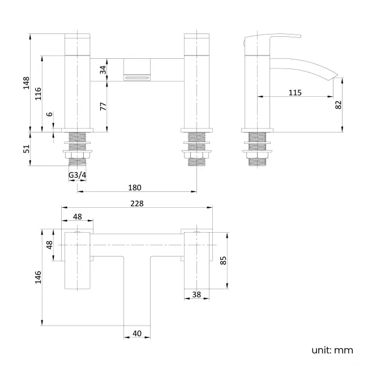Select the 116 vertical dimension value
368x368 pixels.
pyautogui.click(x=37, y=93)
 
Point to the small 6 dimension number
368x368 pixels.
pyautogui.click(x=50, y=114)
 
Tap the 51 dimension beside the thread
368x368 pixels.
pyautogui.click(x=24, y=149)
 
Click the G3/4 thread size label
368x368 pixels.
pyautogui.click(x=77, y=176)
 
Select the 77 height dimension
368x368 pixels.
pyautogui.click(x=102, y=106)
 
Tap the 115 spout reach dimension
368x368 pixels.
pyautogui.click(x=294, y=92)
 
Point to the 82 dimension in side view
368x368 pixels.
pyautogui.click(x=338, y=105)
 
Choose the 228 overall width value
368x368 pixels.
pyautogui.click(x=137, y=204)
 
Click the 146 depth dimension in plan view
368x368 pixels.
pyautogui.click(x=37, y=277)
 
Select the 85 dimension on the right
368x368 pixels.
pyautogui.click(x=223, y=260)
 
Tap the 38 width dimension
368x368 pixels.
pyautogui.click(x=196, y=294)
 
